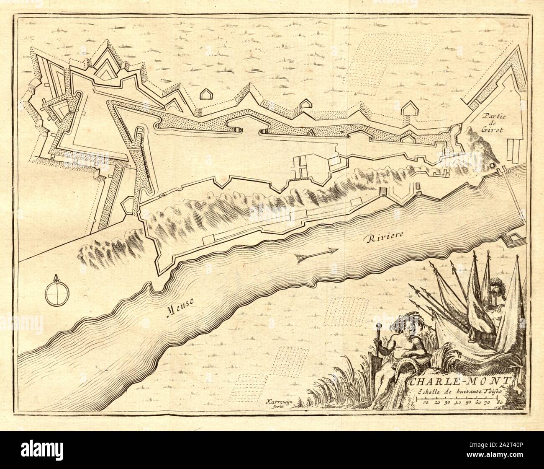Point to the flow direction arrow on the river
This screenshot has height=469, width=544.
pyautogui.click(x=316, y=255)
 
